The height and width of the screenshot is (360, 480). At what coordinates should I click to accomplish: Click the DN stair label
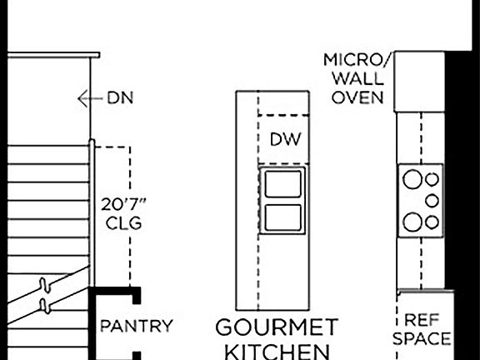coord(120,98)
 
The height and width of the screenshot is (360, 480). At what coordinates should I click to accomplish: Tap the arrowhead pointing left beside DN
coord(81,98)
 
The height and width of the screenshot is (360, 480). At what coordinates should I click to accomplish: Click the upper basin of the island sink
coord(282,183)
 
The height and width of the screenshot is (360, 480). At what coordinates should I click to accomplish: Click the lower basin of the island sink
coord(282,217)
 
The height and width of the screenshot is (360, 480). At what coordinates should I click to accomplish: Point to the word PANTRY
coord(137,326)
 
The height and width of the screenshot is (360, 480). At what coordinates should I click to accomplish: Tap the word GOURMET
coord(277,327)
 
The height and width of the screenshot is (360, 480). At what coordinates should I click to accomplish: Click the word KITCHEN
coord(277,352)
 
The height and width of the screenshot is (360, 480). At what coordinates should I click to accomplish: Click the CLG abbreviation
coord(123,222)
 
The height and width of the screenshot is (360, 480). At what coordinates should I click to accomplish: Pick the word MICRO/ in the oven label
coord(356,60)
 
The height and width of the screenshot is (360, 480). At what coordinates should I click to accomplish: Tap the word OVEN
coord(357,97)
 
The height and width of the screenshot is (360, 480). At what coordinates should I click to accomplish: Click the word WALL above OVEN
coord(357,79)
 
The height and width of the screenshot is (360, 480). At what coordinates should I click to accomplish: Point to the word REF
coord(422,320)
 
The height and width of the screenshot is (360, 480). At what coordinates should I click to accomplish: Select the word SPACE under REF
coord(422,339)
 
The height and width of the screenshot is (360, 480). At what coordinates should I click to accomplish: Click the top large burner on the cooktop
coord(412,179)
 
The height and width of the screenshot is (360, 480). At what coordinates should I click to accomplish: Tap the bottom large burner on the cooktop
coord(412,222)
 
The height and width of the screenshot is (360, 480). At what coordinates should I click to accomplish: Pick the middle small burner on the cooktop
coord(432,201)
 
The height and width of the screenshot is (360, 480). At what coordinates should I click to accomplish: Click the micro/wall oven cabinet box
coord(419,82)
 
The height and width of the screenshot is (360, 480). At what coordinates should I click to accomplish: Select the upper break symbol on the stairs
coord(44,285)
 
